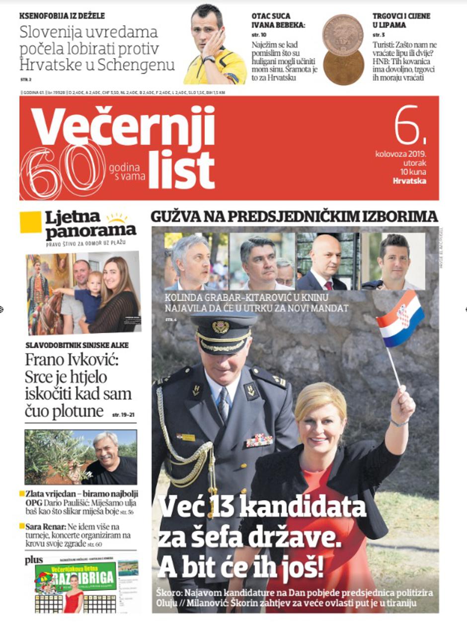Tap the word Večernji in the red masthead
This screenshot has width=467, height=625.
tap(123, 127)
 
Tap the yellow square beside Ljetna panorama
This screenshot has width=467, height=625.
tap(30, 222)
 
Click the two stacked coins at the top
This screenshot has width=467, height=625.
tap(343, 50)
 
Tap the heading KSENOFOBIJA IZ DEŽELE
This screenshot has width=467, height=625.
tap(62, 16)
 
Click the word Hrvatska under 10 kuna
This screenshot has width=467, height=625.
tap(409, 181)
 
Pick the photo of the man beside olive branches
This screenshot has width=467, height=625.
tap(80, 457)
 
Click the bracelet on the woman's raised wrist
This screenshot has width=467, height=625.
tap(399, 422)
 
